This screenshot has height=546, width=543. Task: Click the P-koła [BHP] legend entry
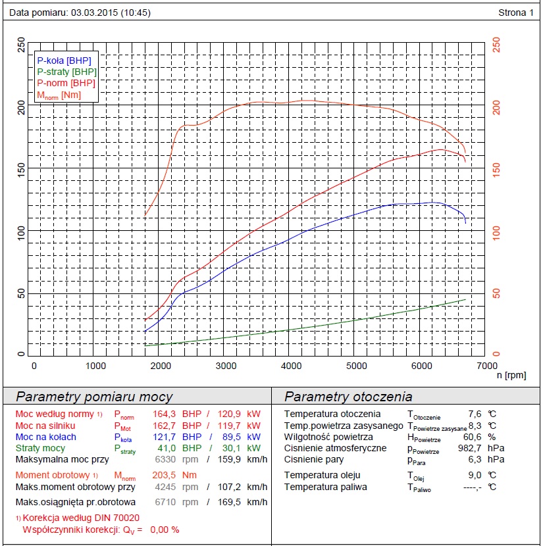[64, 60]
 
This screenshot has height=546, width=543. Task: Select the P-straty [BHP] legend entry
[66, 71]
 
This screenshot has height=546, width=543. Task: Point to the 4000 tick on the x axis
[292, 366]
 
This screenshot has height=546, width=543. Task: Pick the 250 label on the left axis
[21, 45]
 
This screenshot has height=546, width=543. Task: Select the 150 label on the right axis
[497, 169]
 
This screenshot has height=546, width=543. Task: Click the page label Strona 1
[517, 12]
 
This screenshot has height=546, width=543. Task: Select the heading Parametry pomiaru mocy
[94, 397]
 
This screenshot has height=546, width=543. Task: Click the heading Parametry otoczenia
[348, 397]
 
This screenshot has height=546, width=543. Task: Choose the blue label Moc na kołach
[45, 437]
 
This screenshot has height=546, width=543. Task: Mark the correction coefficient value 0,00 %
[165, 530]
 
